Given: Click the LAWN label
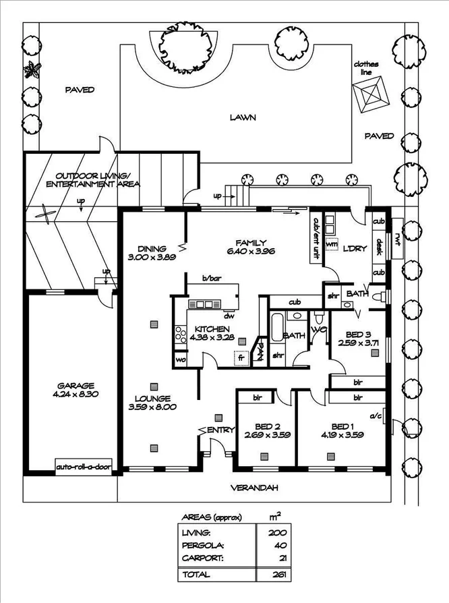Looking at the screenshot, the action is pyautogui.click(x=242, y=117).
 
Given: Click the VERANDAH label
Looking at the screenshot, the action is pyautogui.click(x=254, y=488).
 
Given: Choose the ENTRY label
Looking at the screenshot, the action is pyautogui.click(x=220, y=430).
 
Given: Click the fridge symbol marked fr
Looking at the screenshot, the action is pyautogui.click(x=239, y=358).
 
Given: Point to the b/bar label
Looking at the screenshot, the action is pyautogui.click(x=211, y=278).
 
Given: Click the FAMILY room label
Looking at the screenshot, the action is pyautogui.click(x=251, y=243).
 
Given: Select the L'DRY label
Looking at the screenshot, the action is pyautogui.click(x=355, y=248).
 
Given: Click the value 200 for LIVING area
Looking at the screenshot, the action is pyautogui.click(x=274, y=533).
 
